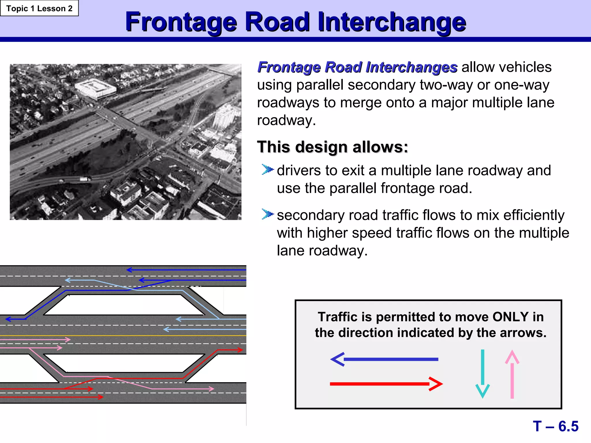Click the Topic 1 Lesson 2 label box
39,8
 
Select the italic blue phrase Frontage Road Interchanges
357,67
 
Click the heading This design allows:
332,147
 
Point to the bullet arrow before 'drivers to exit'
267,169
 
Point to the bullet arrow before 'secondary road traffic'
267,214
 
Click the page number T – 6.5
556,426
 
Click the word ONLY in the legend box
510,317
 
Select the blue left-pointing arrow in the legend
384,359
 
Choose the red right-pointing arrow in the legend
386,384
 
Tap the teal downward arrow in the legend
482,373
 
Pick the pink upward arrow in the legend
512,374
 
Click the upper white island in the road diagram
124,305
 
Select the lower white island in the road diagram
124,363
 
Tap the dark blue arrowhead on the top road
129,270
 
